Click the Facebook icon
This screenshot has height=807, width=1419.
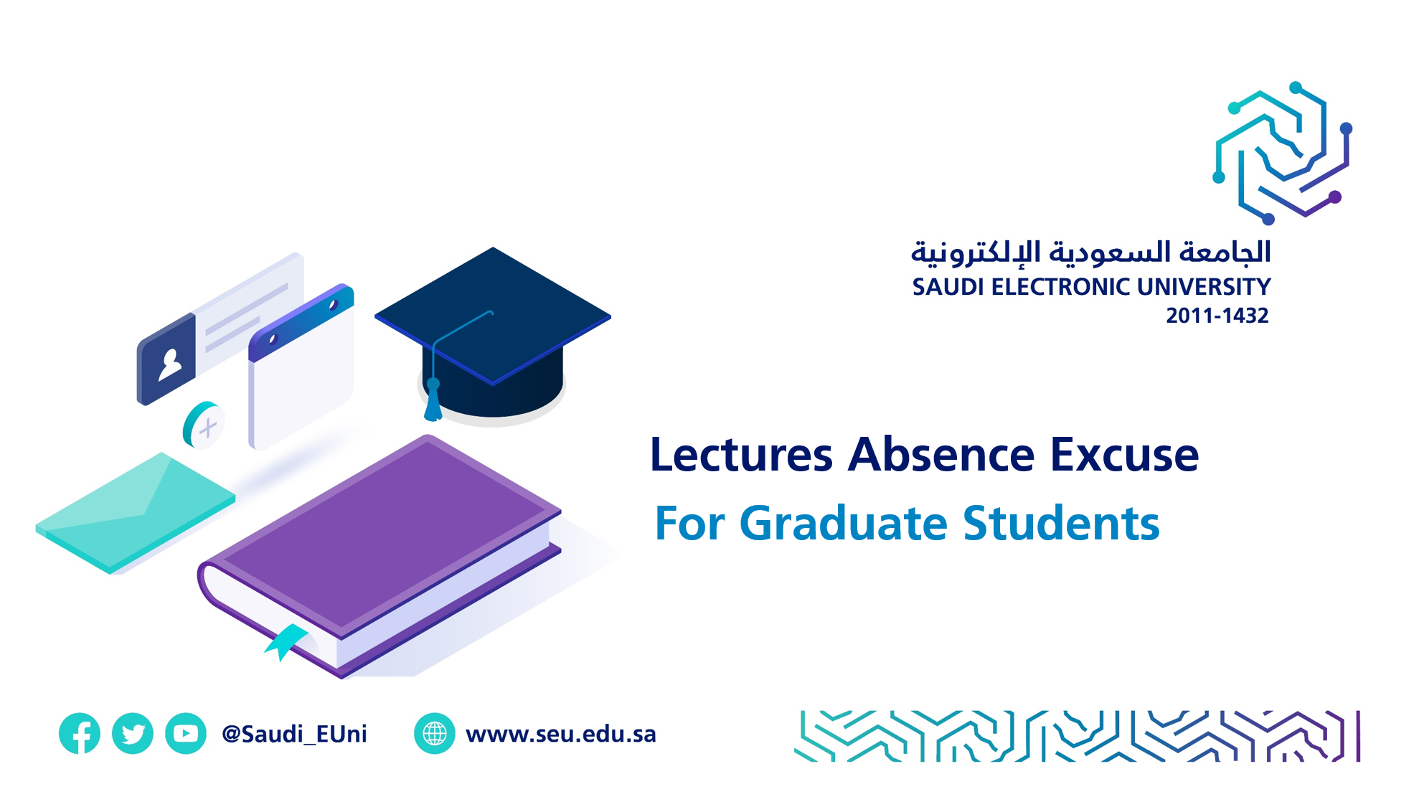point(80,733)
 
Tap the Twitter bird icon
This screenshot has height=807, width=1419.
point(133,733)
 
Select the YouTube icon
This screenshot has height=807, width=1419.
point(186,733)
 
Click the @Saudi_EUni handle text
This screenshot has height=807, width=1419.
point(294,734)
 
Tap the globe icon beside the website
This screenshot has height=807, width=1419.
point(435,733)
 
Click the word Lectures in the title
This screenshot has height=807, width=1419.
point(742,455)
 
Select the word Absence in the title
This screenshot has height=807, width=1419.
point(941,455)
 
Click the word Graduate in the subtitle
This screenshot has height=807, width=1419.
point(843,523)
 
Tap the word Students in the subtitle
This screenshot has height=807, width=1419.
point(1061,523)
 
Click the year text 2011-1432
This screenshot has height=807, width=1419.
point(1217,316)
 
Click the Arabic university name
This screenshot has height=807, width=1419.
point(1090,252)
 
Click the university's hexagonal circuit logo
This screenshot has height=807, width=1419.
point(1283,153)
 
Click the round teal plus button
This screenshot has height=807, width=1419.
point(204,425)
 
